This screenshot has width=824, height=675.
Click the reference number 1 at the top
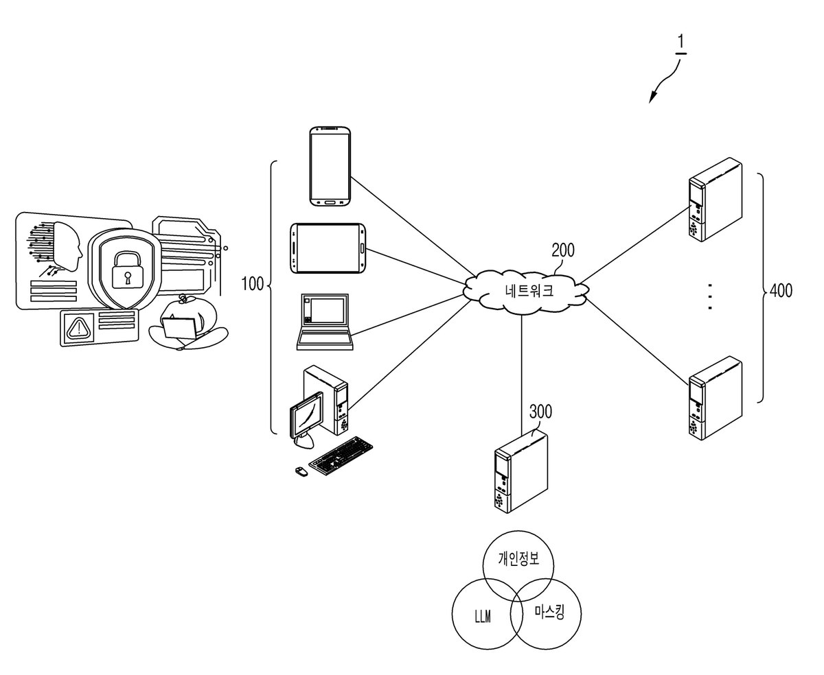pyautogui.click(x=680, y=42)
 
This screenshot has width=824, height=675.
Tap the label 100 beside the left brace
pyautogui.click(x=253, y=284)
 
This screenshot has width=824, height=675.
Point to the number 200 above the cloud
pyautogui.click(x=562, y=250)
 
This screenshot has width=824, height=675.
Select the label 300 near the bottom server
pyautogui.click(x=540, y=412)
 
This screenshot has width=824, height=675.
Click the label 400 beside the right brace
pyautogui.click(x=781, y=290)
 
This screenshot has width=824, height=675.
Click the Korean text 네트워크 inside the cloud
pyautogui.click(x=529, y=290)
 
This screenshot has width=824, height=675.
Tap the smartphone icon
pyautogui.click(x=330, y=166)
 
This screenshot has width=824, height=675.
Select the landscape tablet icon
pyautogui.click(x=328, y=248)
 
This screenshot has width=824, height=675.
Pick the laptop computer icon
pyautogui.click(x=324, y=322)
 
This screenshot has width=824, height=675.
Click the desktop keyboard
pyautogui.click(x=341, y=455)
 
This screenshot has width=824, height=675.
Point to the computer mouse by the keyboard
pyautogui.click(x=301, y=471)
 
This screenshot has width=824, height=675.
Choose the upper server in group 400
pyautogui.click(x=715, y=200)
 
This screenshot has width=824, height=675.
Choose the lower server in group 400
pyautogui.click(x=715, y=398)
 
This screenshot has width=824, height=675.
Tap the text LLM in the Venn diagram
pyautogui.click(x=483, y=617)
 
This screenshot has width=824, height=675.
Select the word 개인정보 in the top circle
pyautogui.click(x=518, y=558)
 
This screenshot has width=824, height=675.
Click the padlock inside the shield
pyautogui.click(x=126, y=270)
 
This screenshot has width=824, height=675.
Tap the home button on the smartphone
pyautogui.click(x=330, y=202)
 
